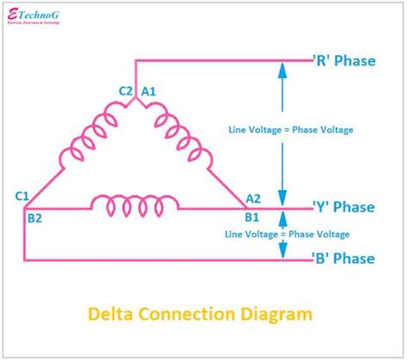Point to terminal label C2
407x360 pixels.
tap(125, 91)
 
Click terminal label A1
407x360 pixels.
tap(149, 91)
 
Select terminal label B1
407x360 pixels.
tap(252, 217)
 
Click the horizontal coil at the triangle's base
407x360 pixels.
tap(136, 205)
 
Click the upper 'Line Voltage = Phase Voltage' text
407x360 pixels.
tap(290, 130)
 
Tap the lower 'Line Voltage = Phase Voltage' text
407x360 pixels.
tap(287, 234)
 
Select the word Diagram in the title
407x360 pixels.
tap(281, 314)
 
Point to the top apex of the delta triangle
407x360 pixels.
tap(136, 102)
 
